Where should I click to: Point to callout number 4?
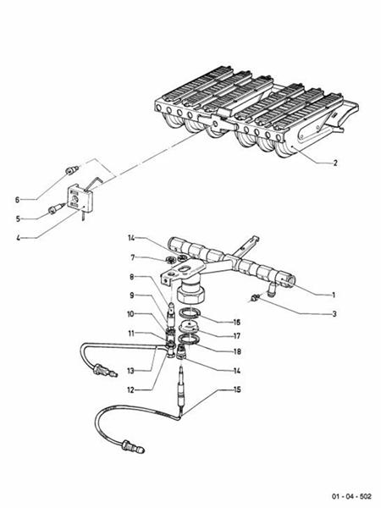[x=17, y=237]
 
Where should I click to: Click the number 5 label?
[x=17, y=218]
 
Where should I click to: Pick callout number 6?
[x=17, y=200]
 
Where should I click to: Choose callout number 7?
[x=132, y=257]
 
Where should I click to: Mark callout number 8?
[x=132, y=276]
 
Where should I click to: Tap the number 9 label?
[x=132, y=295]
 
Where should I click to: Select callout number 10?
[x=132, y=314]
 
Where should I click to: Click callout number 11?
[x=132, y=333]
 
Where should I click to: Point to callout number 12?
[x=132, y=389]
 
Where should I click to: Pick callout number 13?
[x=132, y=370]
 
